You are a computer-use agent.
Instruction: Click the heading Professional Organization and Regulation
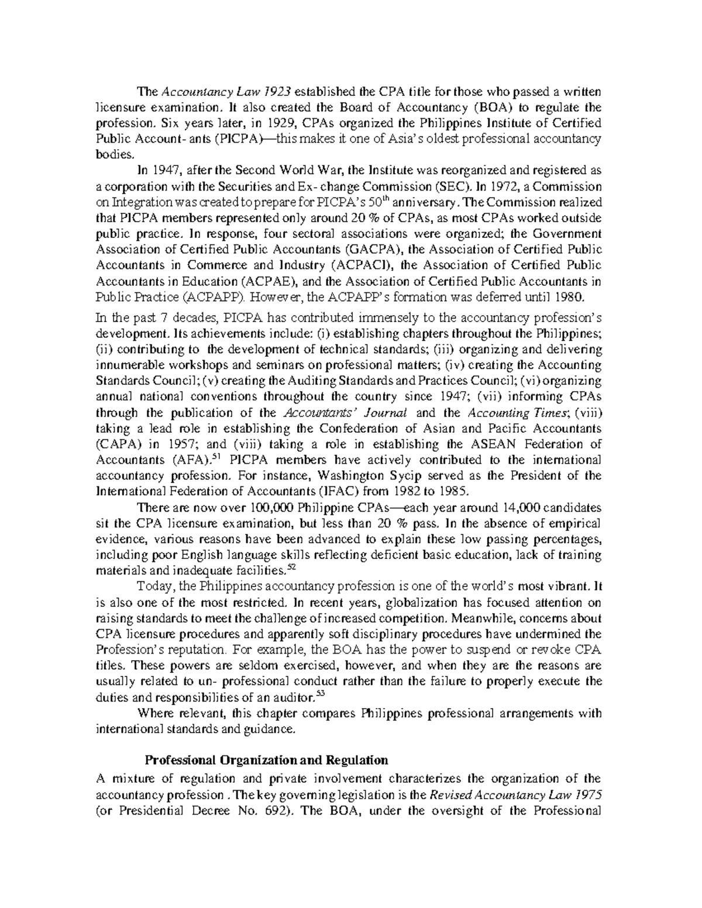pyautogui.click(x=266, y=761)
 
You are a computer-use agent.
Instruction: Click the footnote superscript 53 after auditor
pyautogui.click(x=319, y=693)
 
